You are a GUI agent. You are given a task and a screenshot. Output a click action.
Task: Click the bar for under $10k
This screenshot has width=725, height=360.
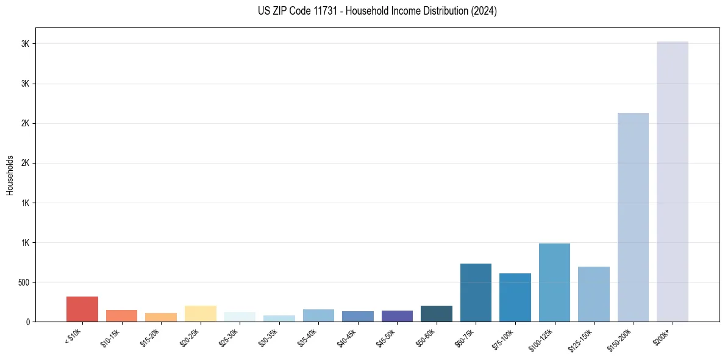tap(82, 309)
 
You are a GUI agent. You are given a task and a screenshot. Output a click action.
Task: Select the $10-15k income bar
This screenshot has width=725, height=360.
tap(121, 315)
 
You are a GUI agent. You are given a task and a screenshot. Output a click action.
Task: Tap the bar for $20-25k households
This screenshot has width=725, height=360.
tap(200, 314)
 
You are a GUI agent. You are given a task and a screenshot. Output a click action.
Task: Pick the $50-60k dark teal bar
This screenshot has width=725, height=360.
tap(436, 314)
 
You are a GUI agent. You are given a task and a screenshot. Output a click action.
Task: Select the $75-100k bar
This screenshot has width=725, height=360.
tap(515, 297)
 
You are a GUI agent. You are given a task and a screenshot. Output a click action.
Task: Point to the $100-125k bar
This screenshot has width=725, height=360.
tap(554, 283)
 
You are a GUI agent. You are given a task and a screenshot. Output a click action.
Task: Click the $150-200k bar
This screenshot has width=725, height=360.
tap(633, 217)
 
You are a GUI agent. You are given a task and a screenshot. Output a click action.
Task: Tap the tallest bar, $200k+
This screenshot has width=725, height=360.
tap(672, 181)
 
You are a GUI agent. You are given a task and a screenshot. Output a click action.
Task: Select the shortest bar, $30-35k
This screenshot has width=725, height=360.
tap(279, 319)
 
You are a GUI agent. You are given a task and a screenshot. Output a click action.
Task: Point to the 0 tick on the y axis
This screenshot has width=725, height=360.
tap(27, 322)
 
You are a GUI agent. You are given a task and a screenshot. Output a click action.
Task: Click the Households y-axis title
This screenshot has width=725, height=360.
tap(10, 175)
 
